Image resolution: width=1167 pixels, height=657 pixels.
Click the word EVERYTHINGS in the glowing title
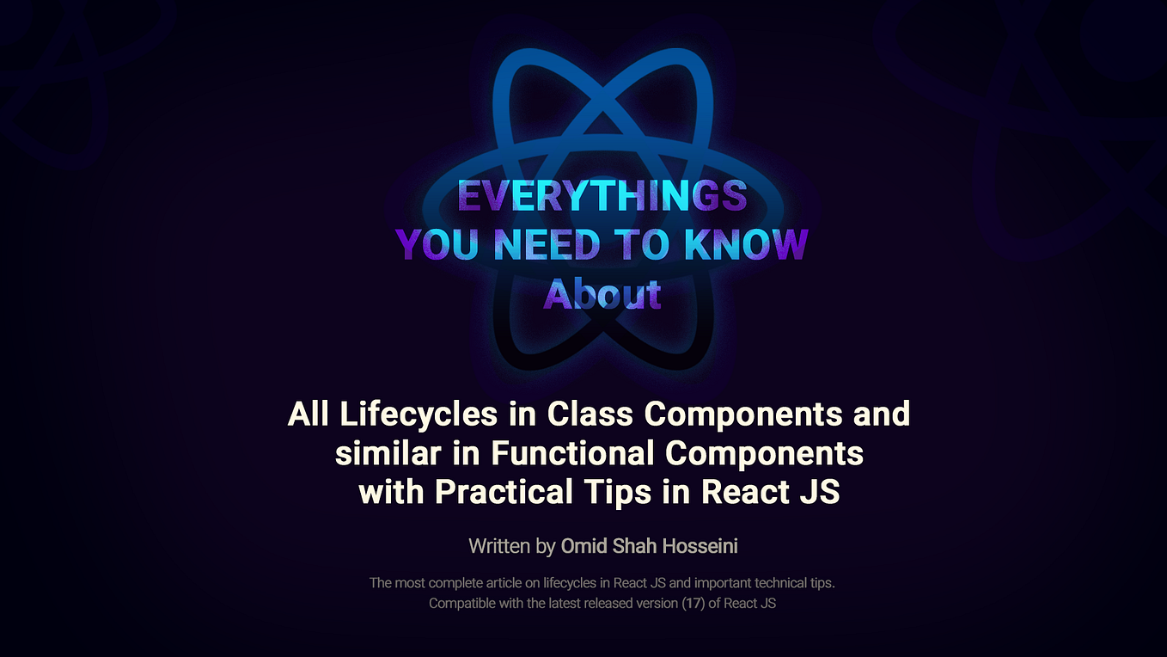602,196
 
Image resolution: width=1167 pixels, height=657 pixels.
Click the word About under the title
602,294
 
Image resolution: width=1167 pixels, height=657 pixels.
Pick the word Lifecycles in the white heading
419,414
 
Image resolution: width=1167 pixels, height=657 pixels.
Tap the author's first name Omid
583,545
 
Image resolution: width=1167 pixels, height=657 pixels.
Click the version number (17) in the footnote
693,603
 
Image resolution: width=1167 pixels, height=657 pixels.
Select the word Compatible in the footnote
462,603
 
